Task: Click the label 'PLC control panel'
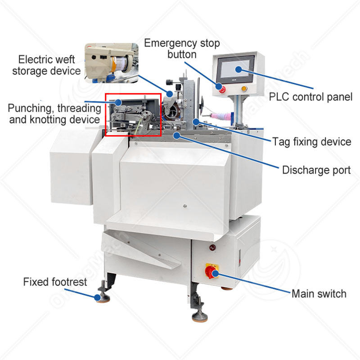310,96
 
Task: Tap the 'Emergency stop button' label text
182,49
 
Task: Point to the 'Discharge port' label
316,170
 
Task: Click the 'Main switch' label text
319,294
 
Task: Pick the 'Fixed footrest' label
49,282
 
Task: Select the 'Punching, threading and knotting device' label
54,114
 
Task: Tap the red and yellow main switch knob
211,270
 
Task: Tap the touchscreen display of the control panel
237,70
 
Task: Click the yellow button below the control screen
244,89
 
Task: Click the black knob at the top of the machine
169,82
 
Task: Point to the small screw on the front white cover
184,207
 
